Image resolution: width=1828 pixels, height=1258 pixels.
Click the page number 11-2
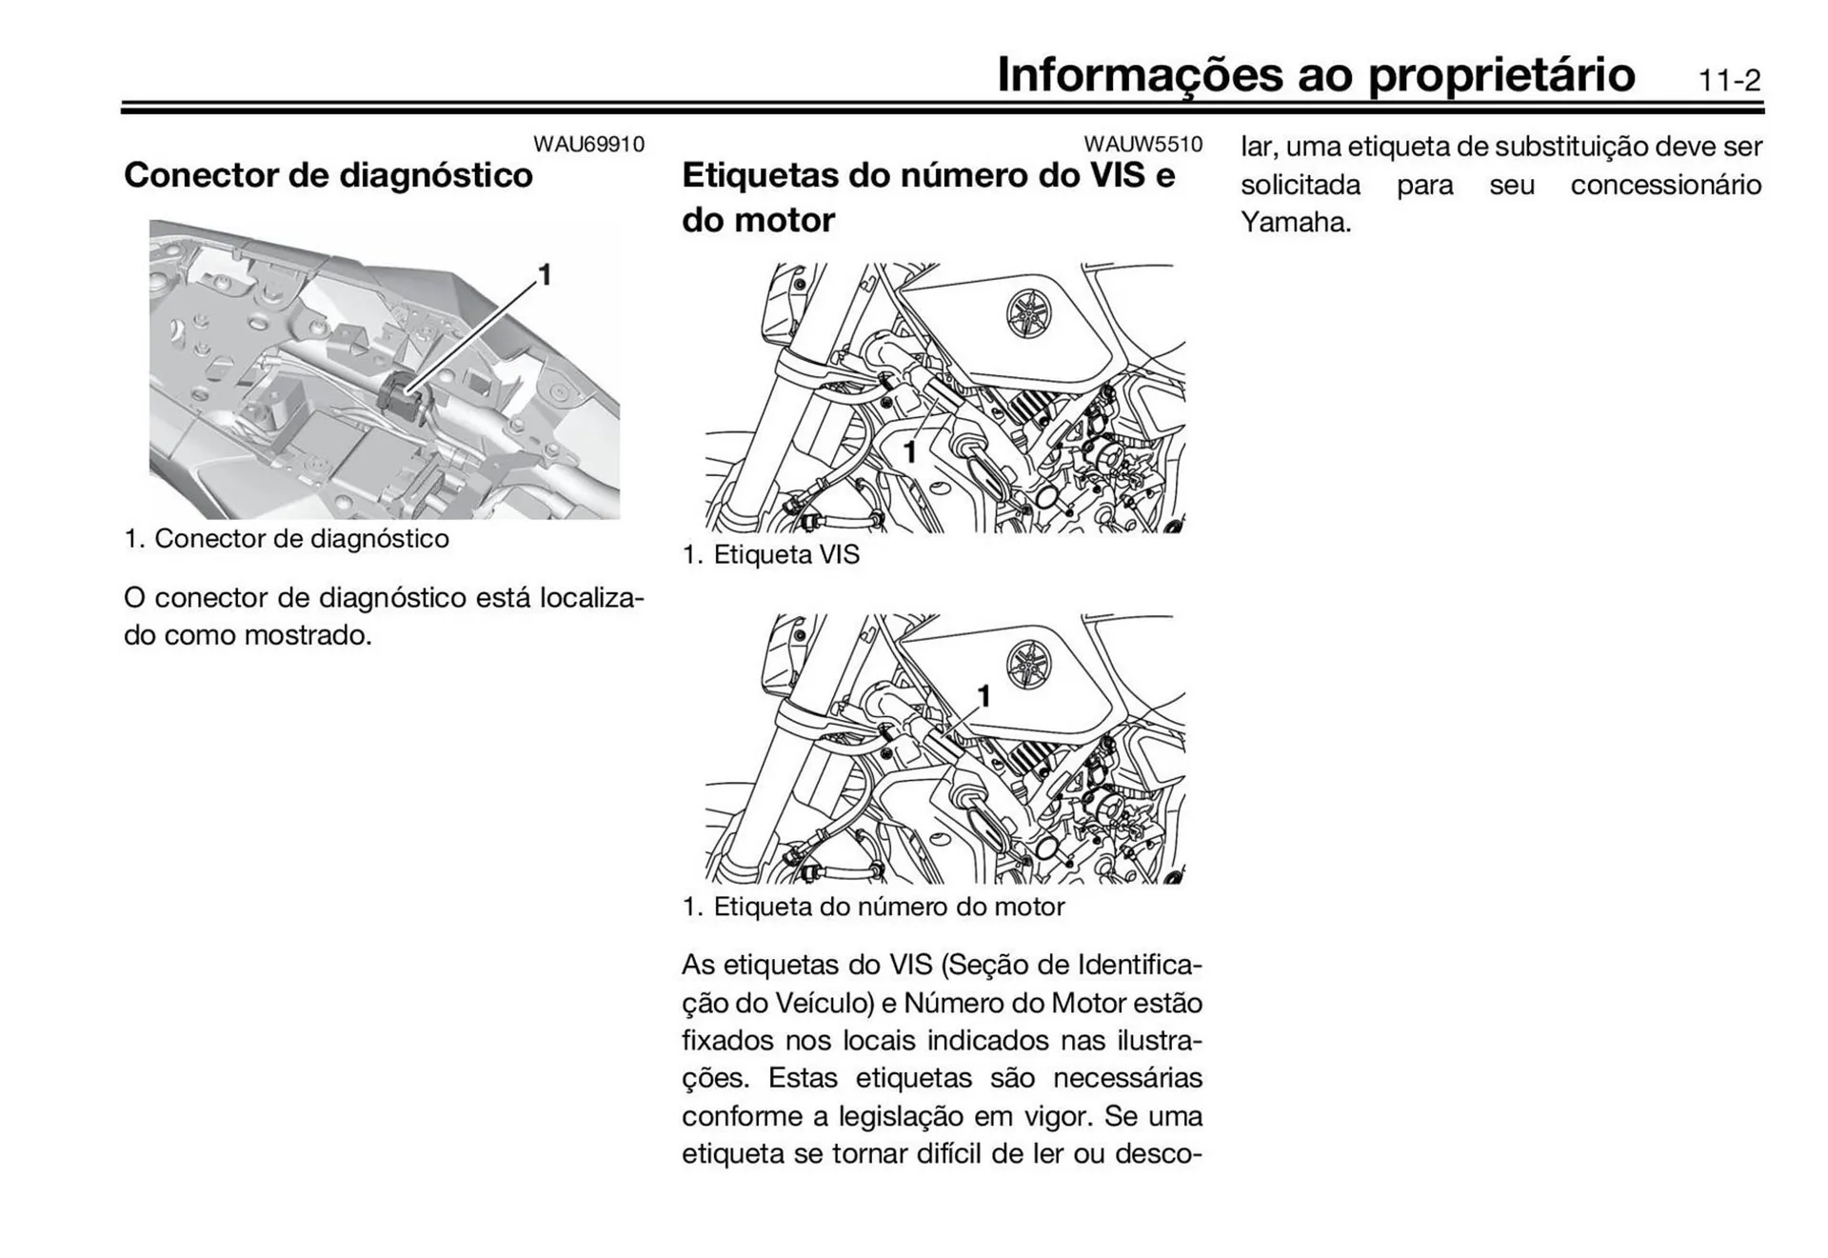[1729, 80]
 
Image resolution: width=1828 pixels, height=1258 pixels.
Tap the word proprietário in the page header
[1501, 74]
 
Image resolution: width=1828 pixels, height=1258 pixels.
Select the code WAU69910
[588, 145]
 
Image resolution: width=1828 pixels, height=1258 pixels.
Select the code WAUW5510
[1142, 145]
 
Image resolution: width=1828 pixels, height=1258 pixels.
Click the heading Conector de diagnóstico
[328, 175]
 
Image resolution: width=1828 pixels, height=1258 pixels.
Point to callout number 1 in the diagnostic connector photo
[545, 274]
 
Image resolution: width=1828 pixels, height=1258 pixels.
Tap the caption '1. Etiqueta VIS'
[771, 554]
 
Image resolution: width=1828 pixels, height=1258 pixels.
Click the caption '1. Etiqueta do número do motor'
[873, 906]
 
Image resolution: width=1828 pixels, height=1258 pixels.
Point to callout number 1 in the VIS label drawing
[909, 451]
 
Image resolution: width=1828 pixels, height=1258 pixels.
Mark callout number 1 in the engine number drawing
[984, 696]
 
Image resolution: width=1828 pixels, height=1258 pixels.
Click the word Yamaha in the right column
[1295, 223]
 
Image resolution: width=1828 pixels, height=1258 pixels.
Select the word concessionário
[1665, 185]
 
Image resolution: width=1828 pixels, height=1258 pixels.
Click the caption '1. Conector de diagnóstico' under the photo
[287, 538]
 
